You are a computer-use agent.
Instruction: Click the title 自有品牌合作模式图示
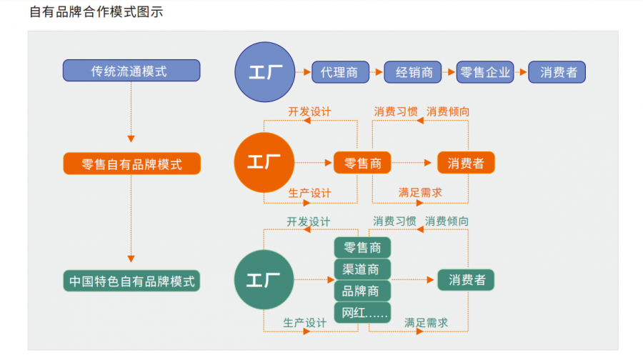[x=96, y=12]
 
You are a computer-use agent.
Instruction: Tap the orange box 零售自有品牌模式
[x=131, y=164]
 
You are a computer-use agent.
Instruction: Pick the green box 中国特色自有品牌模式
[x=131, y=281]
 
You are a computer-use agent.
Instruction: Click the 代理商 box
[x=340, y=71]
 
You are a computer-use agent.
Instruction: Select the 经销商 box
[x=412, y=71]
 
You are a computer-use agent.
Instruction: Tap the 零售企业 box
[x=485, y=71]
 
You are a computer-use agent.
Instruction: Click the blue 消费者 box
[x=558, y=71]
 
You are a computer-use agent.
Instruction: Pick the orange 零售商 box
[x=362, y=164]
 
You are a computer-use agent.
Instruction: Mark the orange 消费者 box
[x=466, y=164]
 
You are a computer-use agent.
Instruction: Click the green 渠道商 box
[x=362, y=269]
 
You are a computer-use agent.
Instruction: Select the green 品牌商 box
[x=362, y=291]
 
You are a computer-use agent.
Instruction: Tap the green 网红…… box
[x=362, y=313]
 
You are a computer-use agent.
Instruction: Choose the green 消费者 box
[x=466, y=280]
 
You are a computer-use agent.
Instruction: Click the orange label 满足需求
[x=419, y=192]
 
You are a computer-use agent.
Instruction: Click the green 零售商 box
[x=362, y=248]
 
